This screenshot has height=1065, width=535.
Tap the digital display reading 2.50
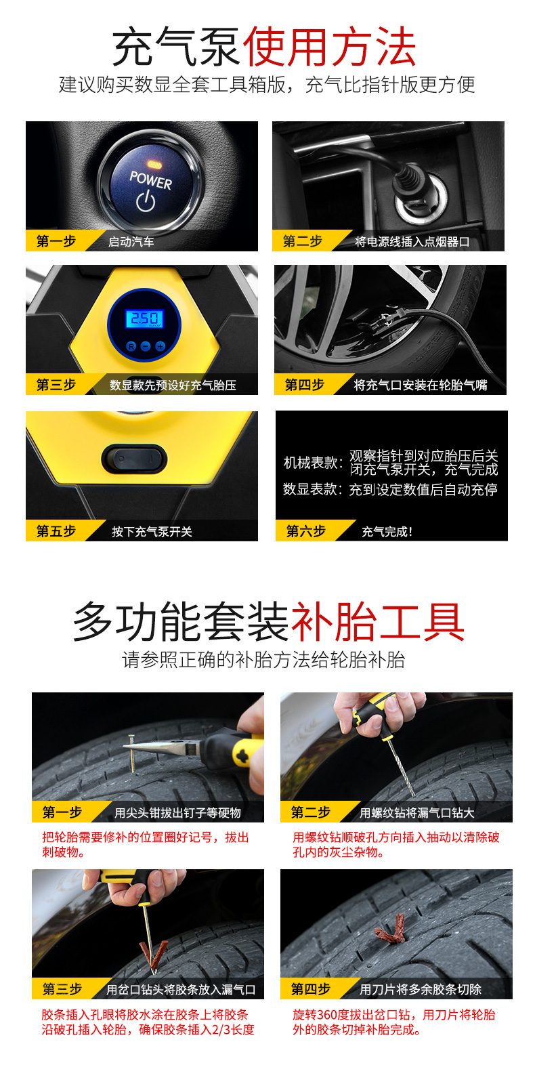coord(145,319)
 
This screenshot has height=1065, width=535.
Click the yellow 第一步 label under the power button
coord(56,241)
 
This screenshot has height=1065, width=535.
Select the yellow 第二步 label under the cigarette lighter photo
coord(303,241)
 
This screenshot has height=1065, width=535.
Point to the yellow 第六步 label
coord(306,531)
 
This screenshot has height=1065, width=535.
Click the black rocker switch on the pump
coord(134,459)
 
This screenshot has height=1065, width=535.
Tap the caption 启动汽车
coord(131,242)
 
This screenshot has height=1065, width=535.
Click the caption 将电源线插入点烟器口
coord(412,242)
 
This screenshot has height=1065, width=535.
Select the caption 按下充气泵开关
coord(152,532)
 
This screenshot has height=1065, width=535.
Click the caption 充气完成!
coord(387,532)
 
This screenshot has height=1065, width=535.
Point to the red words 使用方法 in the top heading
coord(329,47)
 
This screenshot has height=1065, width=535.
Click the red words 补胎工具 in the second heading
coord(377,623)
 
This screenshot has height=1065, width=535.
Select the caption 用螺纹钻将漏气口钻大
coord(416,813)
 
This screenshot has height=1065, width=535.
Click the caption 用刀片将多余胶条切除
coord(420,990)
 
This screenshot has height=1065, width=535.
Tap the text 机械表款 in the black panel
coord(312,463)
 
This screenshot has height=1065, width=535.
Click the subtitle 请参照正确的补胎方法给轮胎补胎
coord(263,660)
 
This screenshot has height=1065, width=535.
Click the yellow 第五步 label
coord(56,531)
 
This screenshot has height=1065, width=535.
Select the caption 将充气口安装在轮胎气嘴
coord(420,385)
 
